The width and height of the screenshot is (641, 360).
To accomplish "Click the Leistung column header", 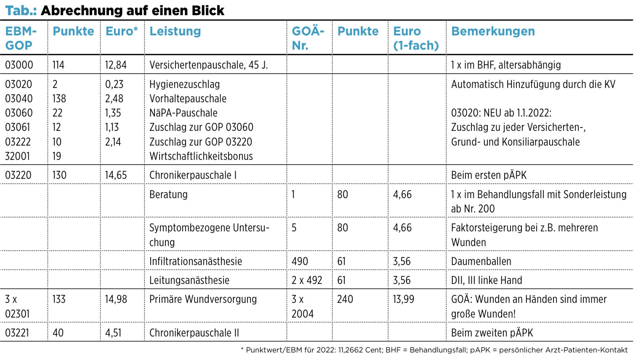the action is coord(175,32).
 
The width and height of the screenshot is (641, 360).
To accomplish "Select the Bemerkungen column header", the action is coord(493,31).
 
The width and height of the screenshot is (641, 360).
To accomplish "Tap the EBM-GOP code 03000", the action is coord(19,65).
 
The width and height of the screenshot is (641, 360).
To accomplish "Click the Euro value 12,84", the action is coord(116,65).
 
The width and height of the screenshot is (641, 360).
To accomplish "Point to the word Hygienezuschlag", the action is coord(185,85).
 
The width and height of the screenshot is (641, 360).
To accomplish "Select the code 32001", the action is coord(17,156).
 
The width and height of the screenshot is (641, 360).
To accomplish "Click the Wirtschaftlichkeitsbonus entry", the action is coord(201,156).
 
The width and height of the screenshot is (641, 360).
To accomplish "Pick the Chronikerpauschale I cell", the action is coord(193,175).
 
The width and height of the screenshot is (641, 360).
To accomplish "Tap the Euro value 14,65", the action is coord(116,175).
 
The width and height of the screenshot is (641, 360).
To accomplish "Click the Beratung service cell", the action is coord(168,194).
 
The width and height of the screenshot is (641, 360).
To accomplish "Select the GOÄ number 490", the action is coord(300,261).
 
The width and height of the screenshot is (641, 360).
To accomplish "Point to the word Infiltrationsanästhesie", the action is coord(195,261).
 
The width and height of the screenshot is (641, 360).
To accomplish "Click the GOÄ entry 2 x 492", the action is coord(307,280).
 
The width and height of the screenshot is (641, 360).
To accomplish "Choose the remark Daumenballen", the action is coord(481,261).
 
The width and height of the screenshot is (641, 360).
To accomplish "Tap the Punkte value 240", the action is coord(345,299).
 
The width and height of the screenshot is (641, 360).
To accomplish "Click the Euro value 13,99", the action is coord(404,299).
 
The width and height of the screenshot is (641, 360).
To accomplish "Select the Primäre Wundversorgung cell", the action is coord(203,299).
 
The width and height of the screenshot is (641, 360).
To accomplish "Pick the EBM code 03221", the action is coord(17,333).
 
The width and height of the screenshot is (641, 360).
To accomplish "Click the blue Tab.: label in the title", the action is coord(21,11).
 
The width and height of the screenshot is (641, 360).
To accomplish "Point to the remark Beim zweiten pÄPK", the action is coord(492,333).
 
